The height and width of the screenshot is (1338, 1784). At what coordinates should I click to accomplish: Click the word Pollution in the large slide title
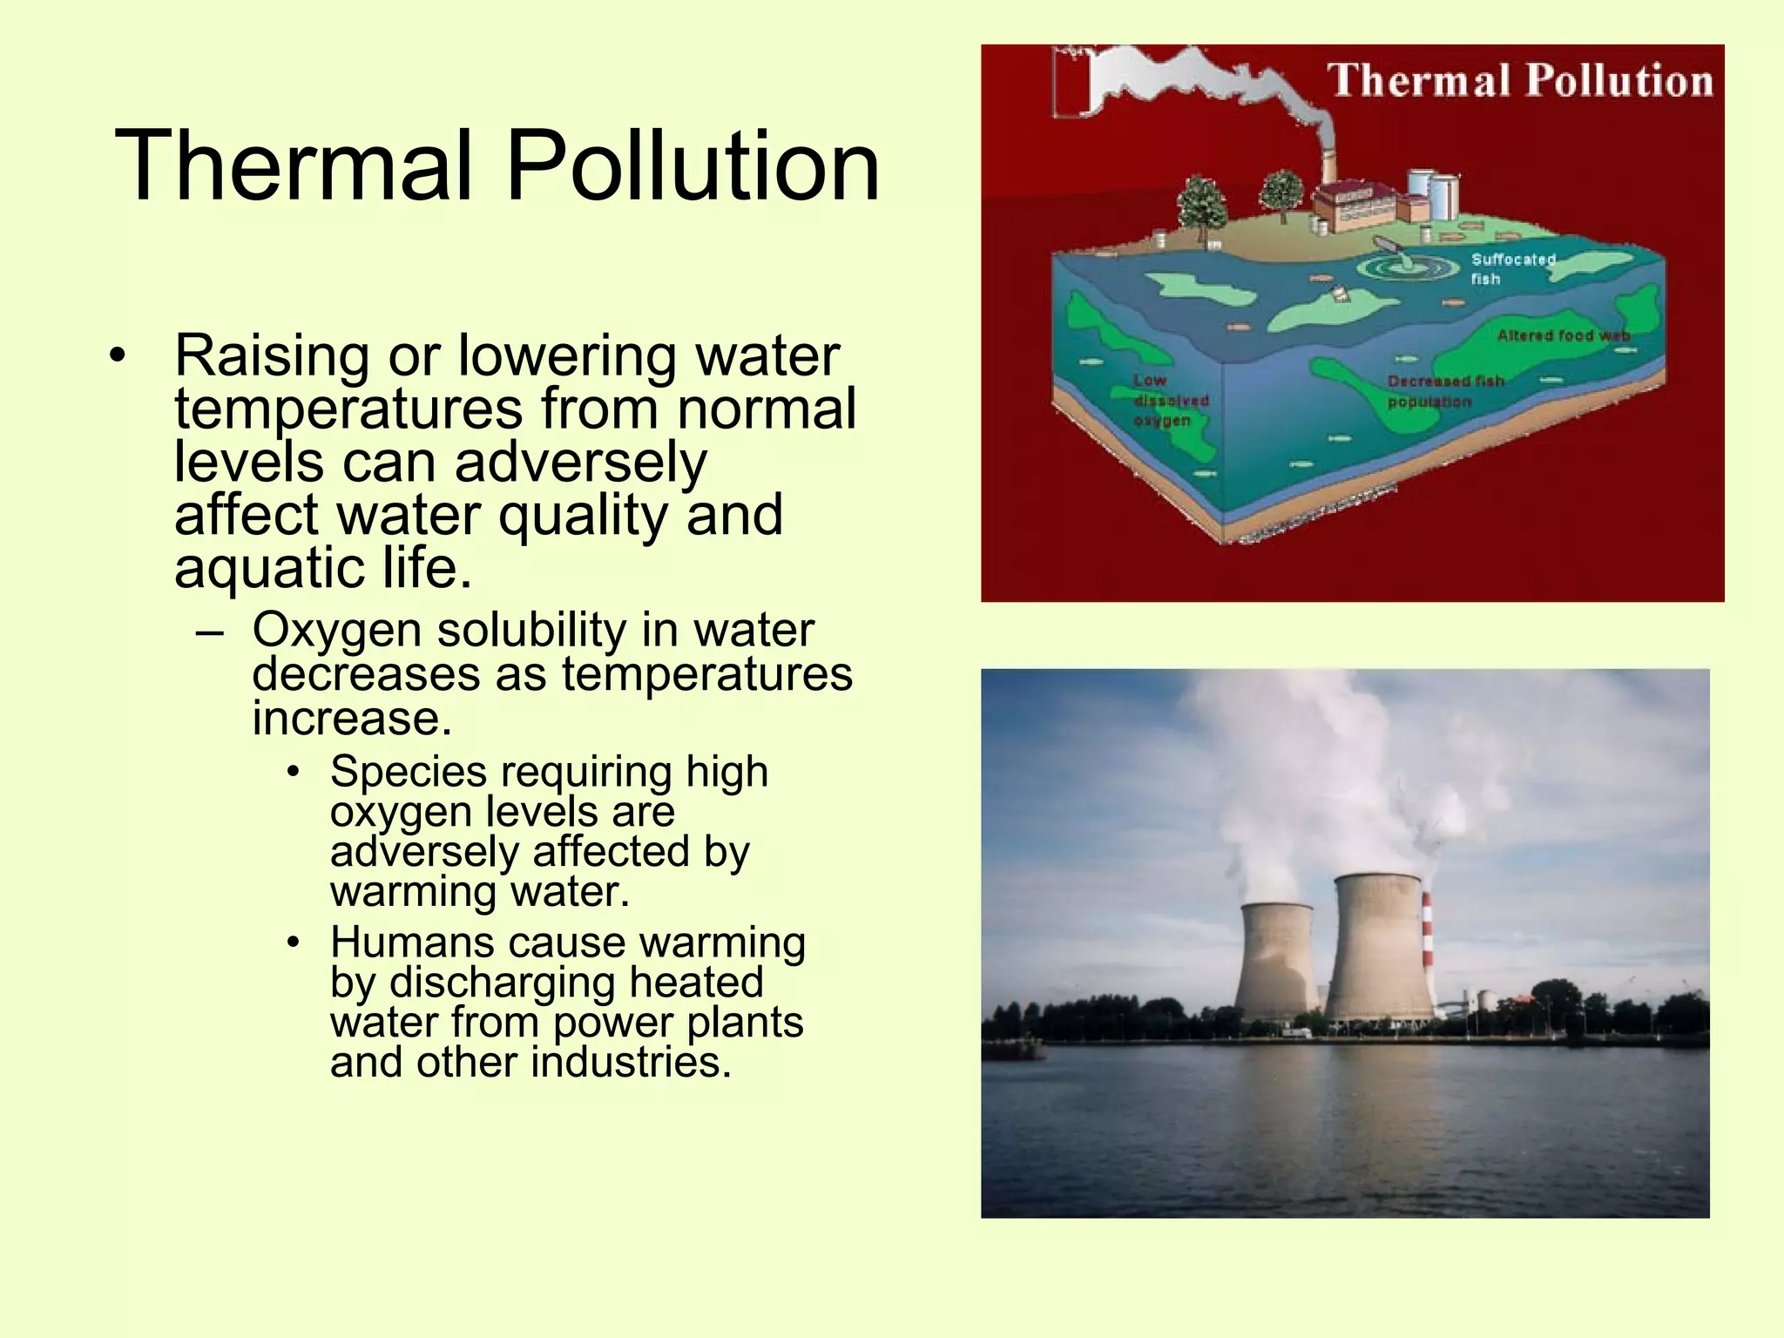[x=693, y=166]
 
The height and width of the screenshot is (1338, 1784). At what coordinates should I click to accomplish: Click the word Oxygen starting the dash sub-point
[x=336, y=631]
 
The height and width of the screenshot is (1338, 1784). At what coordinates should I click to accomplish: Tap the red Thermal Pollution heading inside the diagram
[x=1519, y=80]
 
